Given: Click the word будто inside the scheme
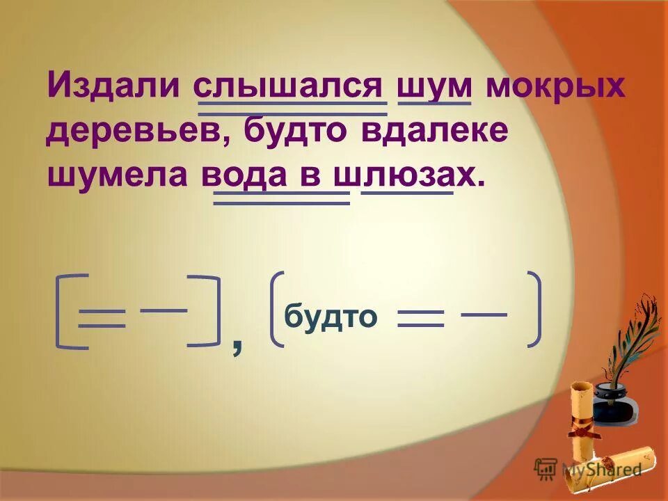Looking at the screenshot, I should (x=331, y=317).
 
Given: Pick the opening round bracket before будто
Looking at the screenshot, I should (x=274, y=308).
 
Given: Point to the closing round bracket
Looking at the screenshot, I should (x=534, y=308).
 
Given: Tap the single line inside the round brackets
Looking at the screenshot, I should (x=484, y=315).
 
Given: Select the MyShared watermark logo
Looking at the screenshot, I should (x=588, y=468).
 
